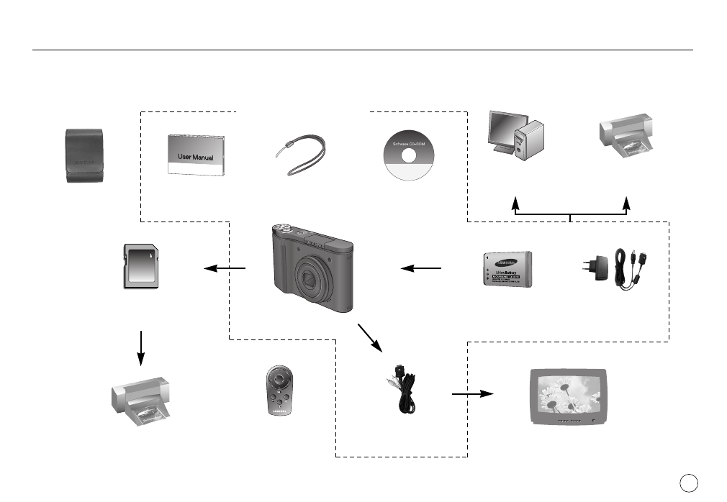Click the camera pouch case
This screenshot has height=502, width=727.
pos(83,155)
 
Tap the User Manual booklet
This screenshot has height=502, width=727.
pos(191,155)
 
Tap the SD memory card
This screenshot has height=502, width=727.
pos(141,266)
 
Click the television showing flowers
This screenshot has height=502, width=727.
pos(567,396)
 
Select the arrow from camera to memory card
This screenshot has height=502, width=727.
pos(225,269)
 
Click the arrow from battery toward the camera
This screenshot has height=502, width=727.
pos(420,268)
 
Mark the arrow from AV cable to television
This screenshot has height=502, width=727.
pos(472,394)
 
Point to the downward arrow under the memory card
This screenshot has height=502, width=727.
pos(142,347)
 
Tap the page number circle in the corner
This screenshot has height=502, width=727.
pos(687,481)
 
